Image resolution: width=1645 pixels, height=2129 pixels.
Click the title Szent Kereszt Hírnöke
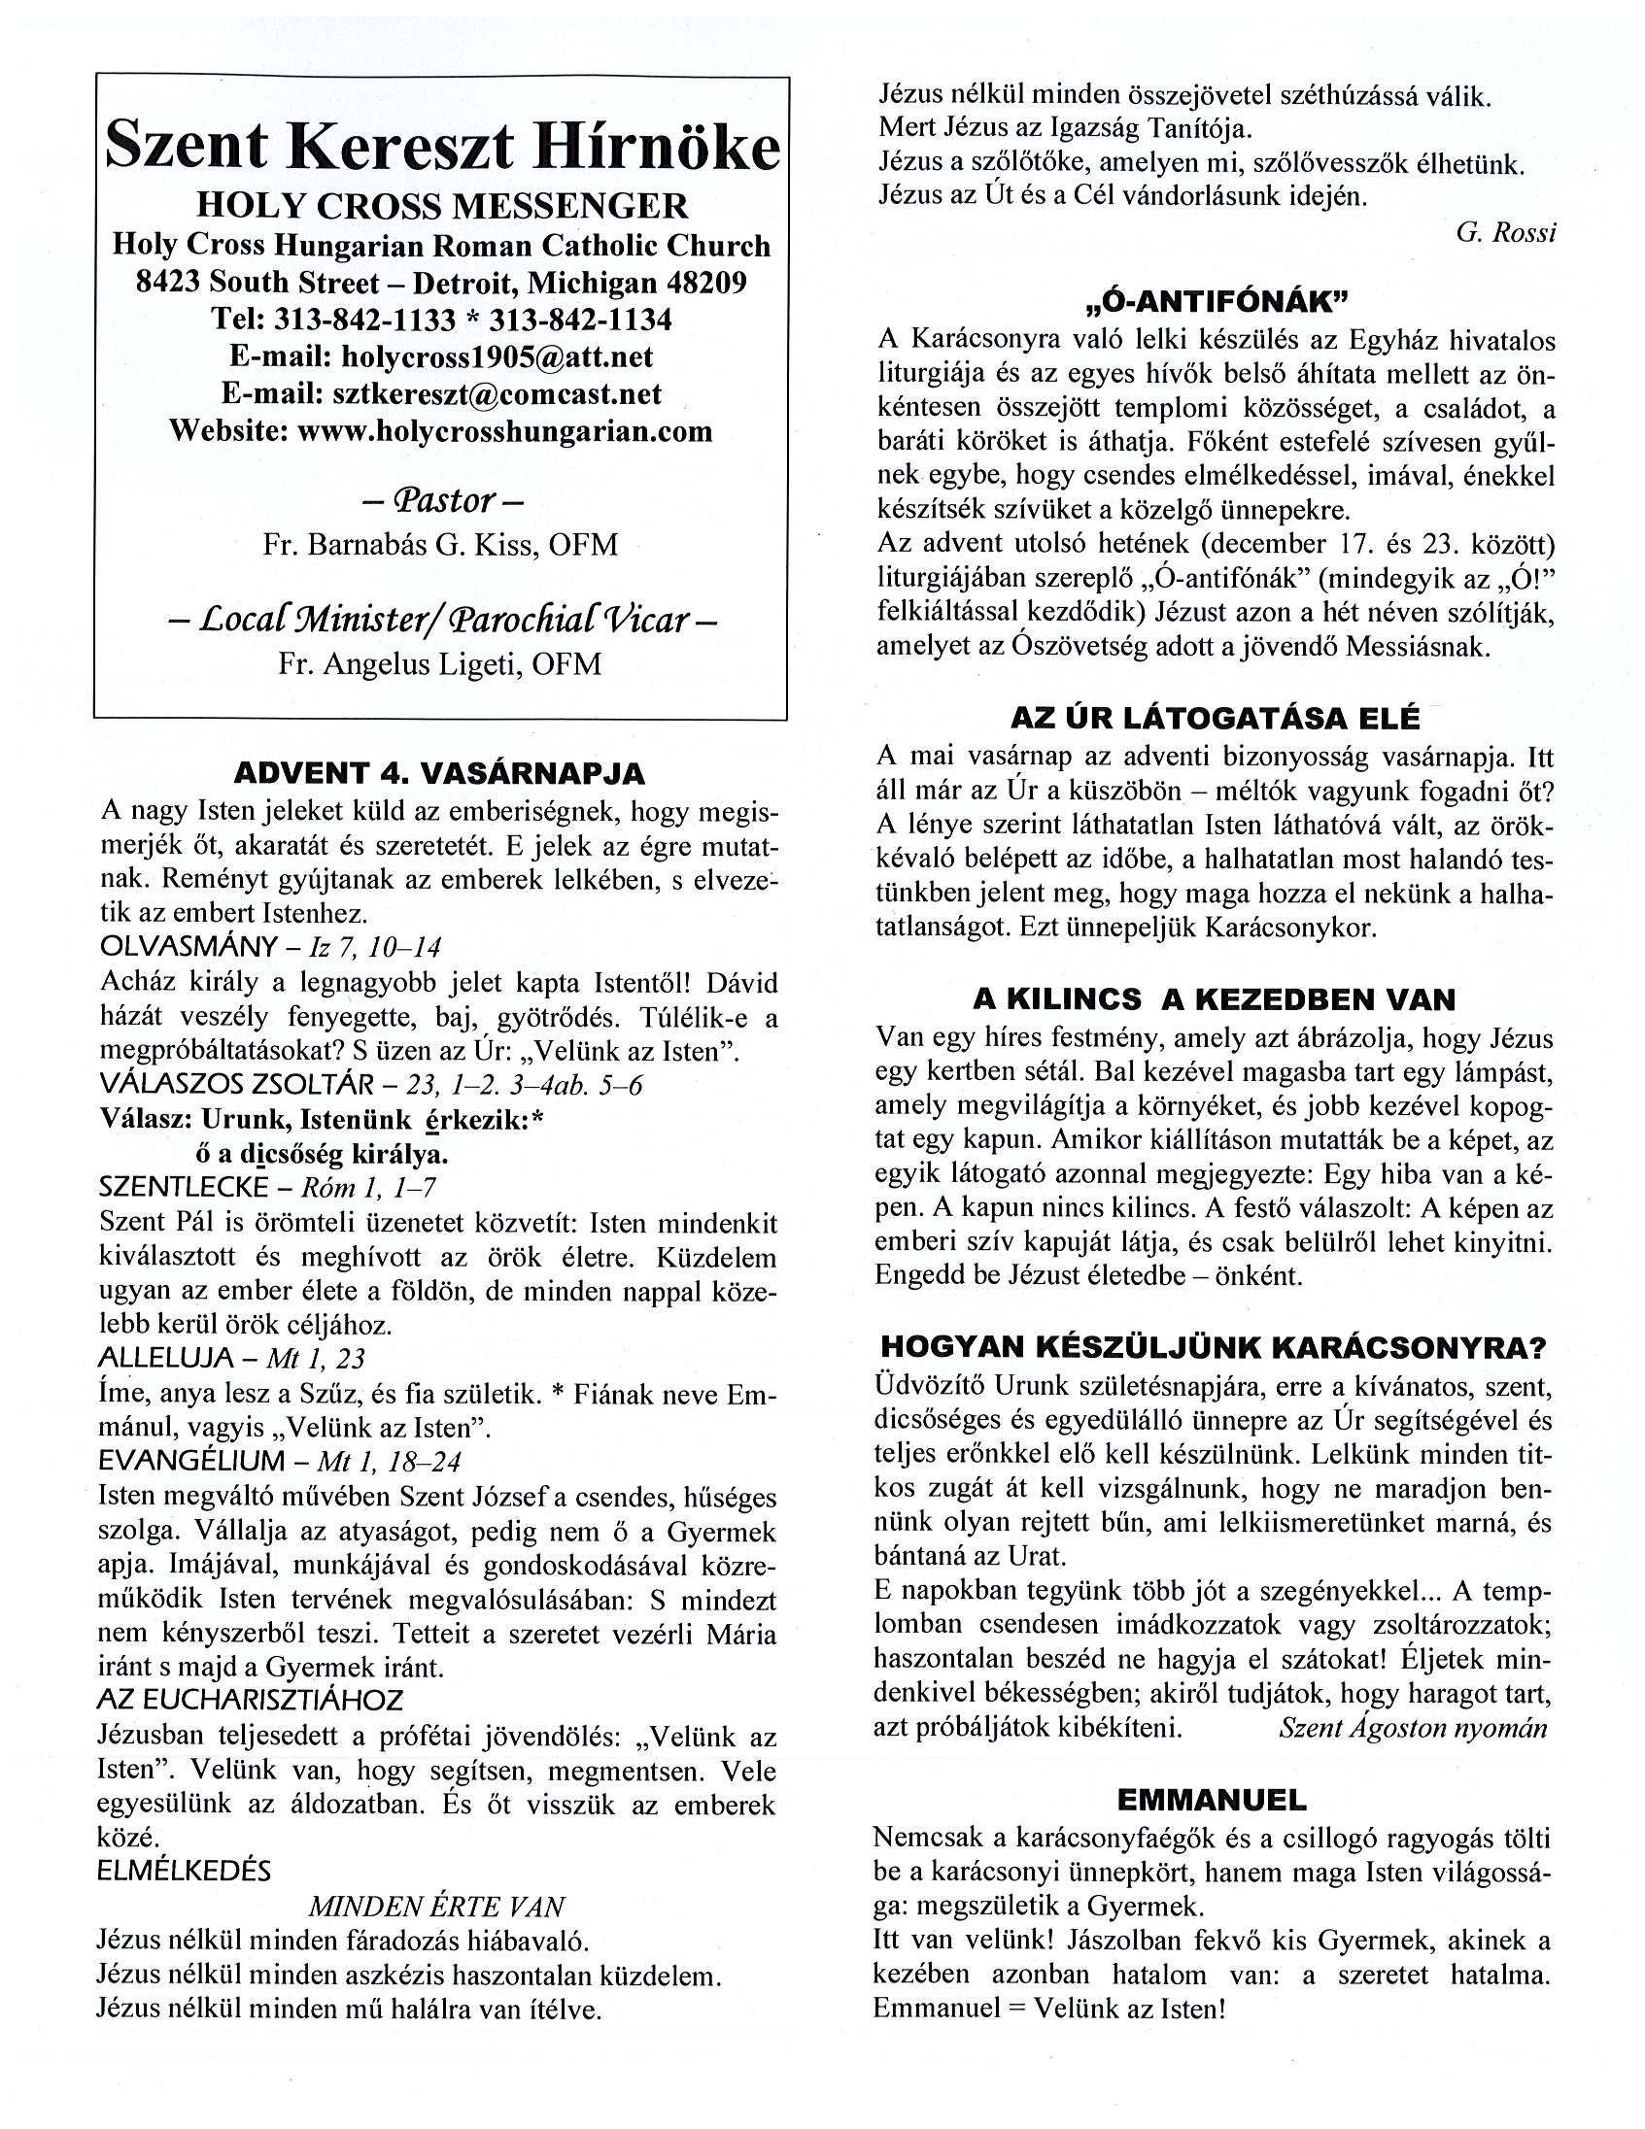click(442, 148)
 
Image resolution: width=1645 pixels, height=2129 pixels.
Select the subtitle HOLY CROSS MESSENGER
click(442, 207)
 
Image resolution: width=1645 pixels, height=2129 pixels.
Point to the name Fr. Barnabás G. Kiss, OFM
click(441, 544)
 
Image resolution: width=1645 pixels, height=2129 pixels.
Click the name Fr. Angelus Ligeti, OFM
click(441, 663)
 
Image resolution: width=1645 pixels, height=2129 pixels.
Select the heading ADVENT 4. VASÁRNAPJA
click(440, 774)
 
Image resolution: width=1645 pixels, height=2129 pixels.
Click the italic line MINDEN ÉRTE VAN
click(437, 1907)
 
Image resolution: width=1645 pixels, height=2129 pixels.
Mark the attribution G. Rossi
click(1505, 233)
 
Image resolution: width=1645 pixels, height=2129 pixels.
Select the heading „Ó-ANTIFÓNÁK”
click(1216, 302)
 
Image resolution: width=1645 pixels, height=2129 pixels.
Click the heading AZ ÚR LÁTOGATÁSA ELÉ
click(1215, 718)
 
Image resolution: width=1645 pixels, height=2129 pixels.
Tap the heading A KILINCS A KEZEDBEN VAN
click(1214, 999)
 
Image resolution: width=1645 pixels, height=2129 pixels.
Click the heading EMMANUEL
click(1212, 1799)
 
